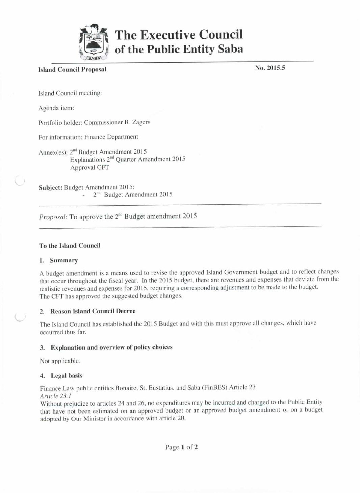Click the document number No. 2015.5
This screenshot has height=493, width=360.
click(x=270, y=68)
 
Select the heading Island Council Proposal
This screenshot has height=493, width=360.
click(x=72, y=69)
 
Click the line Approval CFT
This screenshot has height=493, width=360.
click(x=89, y=167)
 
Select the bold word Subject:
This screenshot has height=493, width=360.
click(x=50, y=187)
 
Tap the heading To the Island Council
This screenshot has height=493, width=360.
click(x=70, y=246)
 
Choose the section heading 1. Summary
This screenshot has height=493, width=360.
click(x=59, y=260)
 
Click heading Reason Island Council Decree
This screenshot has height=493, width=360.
click(x=93, y=311)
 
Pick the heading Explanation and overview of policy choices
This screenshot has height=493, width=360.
click(x=111, y=347)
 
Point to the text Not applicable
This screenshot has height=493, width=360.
click(x=60, y=361)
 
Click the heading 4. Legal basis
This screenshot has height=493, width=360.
click(x=61, y=375)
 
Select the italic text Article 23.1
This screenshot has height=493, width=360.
click(x=55, y=396)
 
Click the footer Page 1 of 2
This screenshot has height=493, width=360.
click(x=181, y=447)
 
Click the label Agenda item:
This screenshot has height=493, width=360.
click(x=56, y=108)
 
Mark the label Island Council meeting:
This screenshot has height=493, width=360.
click(x=70, y=93)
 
